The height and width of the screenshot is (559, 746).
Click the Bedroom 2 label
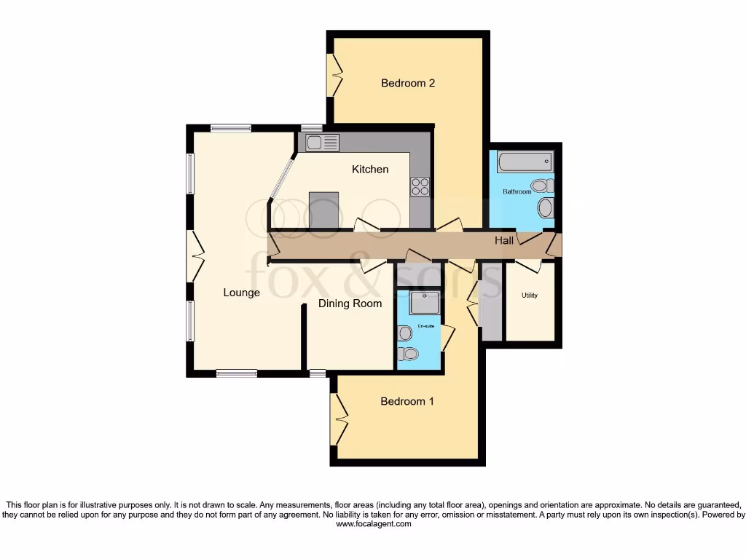pos(408,83)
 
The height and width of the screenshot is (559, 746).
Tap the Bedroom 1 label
pos(407,401)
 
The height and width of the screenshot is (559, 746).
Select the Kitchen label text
pos(370,170)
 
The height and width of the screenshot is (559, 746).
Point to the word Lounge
pos(241,293)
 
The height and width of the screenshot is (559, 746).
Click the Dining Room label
pos(350,304)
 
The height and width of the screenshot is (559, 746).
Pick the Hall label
pos(504,240)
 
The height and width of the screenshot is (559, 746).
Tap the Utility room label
pos(530,296)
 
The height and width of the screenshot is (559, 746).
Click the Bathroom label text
pos(517,191)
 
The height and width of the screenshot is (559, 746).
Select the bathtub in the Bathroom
pos(525,161)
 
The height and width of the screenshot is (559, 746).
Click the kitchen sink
pos(319,143)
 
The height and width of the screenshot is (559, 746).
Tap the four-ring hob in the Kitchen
pos(420,186)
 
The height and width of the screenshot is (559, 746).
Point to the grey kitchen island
pos(325,210)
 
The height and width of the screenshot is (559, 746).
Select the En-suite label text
pos(425,327)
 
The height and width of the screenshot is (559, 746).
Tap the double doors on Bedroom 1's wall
pos(339,419)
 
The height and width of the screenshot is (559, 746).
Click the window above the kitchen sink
pos(312,128)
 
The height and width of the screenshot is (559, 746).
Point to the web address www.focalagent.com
pos(373,523)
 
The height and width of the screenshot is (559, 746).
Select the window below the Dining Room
pos(317,373)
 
